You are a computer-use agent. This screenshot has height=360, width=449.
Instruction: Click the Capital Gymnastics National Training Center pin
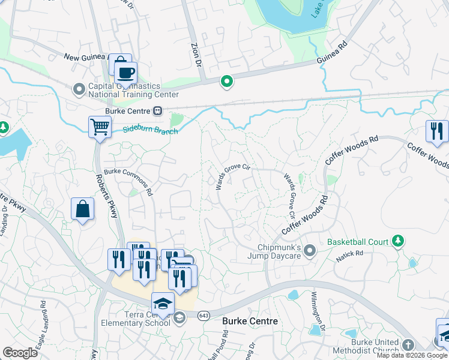79,89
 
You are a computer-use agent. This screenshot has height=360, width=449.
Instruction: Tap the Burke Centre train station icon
158,110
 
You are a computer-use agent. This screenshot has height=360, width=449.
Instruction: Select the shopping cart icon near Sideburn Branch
100,127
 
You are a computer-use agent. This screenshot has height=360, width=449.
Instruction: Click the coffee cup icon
125,73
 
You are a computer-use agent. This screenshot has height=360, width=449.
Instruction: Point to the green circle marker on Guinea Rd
226,81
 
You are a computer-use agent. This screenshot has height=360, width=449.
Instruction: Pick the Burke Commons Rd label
130,178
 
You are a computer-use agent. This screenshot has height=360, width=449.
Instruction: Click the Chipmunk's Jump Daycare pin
310,249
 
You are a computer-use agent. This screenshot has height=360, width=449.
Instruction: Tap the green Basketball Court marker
396,241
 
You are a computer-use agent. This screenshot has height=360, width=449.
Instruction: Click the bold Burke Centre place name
250,322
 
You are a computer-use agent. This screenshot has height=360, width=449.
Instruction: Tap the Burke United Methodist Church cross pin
408,345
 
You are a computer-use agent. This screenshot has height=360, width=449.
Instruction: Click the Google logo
20,353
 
